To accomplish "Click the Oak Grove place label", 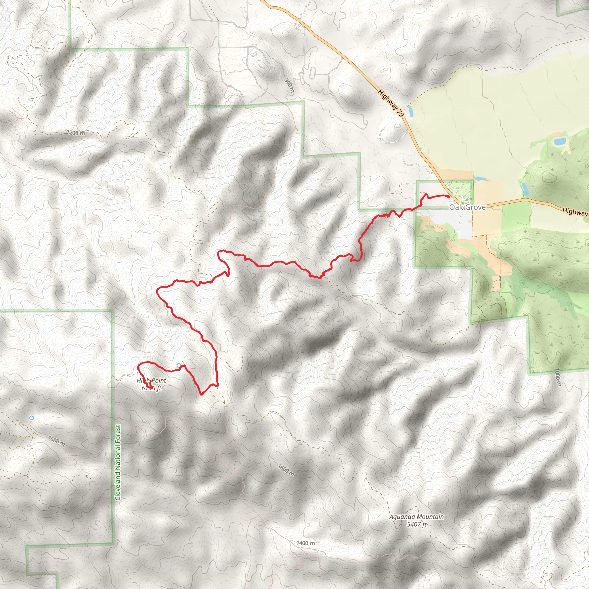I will tap(467, 207).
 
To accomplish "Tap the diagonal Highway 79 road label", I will tap(391, 103).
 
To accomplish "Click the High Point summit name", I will tap(151, 380).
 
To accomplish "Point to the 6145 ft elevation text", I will tap(151, 388).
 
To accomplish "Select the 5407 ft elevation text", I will tap(416, 524).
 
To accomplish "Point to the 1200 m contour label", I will tap(76, 133).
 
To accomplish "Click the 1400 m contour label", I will tap(305, 543).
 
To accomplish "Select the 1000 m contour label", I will tap(558, 377).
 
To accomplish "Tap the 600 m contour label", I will tap(289, 85).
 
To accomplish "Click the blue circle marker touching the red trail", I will tap(179, 366).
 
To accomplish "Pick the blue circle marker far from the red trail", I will tap(31, 418).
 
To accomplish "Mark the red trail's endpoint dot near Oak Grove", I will tap(448, 197).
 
